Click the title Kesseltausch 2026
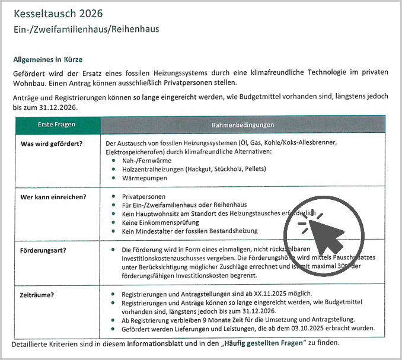(58, 13)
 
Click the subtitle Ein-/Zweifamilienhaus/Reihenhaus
(86, 28)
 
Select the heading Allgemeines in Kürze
(47, 59)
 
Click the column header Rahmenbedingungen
(243, 125)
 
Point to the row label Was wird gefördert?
(52, 144)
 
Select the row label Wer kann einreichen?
(53, 196)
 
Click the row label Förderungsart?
(43, 250)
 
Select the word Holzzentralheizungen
(152, 169)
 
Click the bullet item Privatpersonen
(143, 196)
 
